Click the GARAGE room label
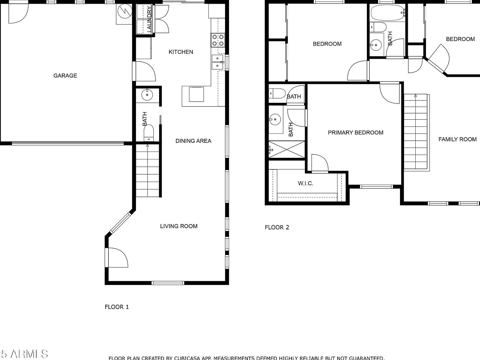coord(65,76)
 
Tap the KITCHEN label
coord(181,52)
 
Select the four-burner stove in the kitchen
coord(218,40)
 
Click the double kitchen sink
coord(217,62)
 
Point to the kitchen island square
coord(196,94)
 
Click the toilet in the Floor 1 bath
coord(149,133)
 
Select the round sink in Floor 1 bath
coord(147,94)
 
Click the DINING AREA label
coord(193,141)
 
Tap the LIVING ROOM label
coord(179,226)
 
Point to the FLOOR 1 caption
coord(117,307)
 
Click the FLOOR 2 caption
coord(277,227)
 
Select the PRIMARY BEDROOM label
coord(355,132)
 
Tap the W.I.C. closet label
coord(305,183)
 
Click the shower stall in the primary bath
coord(287,150)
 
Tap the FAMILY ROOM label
coord(457,139)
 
